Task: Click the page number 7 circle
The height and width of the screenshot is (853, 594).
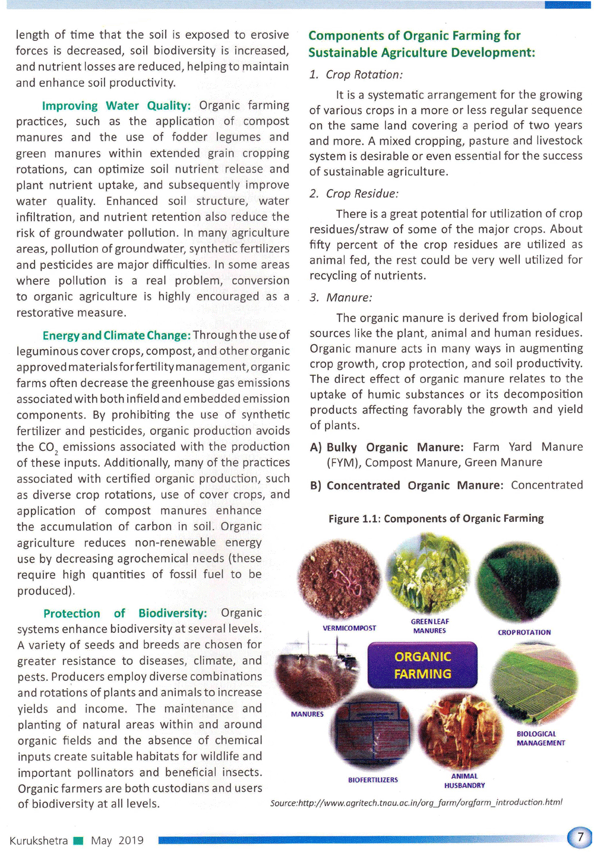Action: tap(580, 838)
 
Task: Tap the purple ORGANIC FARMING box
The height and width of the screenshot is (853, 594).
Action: tap(422, 665)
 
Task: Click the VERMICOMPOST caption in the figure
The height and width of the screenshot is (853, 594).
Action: tap(349, 628)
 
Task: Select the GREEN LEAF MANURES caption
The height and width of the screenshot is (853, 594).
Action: tap(429, 626)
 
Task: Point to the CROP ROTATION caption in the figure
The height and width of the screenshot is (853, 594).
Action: tap(524, 632)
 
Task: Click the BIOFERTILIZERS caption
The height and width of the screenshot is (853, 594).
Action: tap(373, 779)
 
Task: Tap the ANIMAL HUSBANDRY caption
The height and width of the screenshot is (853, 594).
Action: tap(465, 781)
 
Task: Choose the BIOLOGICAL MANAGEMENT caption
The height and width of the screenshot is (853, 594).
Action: tap(541, 738)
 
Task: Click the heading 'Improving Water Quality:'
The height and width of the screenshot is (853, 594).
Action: tap(116, 106)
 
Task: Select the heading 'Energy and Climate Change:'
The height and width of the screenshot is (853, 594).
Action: tap(116, 335)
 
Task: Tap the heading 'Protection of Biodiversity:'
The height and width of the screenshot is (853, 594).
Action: tap(125, 613)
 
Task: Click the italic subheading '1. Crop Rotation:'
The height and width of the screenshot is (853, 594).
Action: tap(356, 75)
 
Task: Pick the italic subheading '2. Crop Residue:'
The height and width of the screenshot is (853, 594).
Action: tap(354, 194)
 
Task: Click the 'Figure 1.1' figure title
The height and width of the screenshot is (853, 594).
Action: tap(436, 518)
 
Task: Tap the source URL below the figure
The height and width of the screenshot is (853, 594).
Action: tap(416, 803)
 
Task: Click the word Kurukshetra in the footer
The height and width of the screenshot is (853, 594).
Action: tap(39, 841)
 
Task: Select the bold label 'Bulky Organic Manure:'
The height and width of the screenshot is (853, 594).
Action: tap(394, 448)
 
